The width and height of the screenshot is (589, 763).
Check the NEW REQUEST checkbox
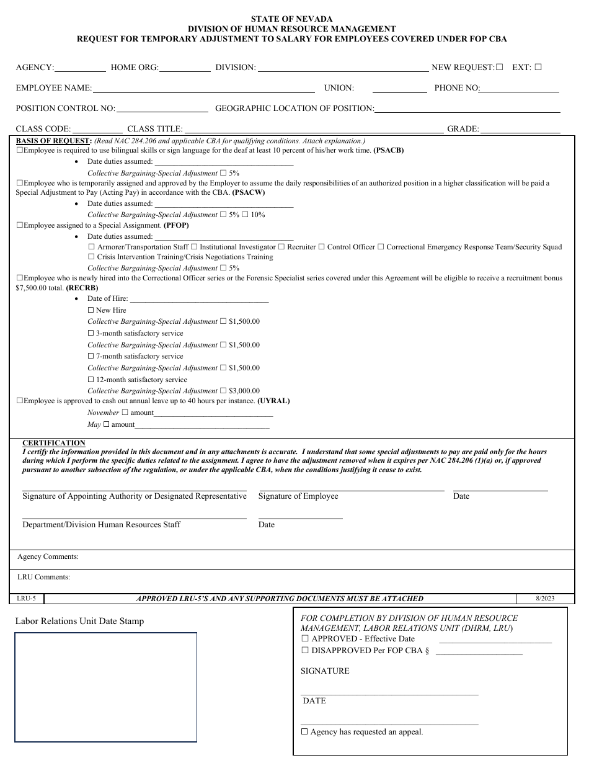(x=500, y=67)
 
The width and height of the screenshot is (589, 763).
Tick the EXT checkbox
(x=538, y=67)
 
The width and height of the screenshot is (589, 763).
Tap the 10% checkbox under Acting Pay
(x=245, y=215)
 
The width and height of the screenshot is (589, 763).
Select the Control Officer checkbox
(x=321, y=247)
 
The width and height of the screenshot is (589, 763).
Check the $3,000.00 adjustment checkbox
(x=223, y=391)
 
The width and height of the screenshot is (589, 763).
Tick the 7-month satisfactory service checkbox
(x=91, y=356)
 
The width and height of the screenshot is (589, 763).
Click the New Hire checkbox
(x=91, y=310)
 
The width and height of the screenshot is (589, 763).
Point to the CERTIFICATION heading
(x=54, y=443)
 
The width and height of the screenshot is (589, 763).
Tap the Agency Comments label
(x=48, y=556)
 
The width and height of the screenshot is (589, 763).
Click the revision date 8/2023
(x=545, y=599)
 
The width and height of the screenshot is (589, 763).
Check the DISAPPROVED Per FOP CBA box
(x=305, y=651)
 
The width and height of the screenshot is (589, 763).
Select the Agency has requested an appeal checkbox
(x=304, y=732)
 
